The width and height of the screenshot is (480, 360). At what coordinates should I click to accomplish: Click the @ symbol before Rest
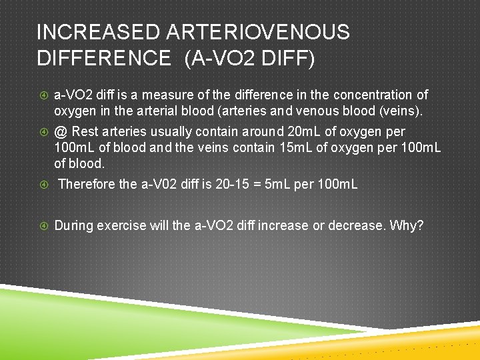click(60, 132)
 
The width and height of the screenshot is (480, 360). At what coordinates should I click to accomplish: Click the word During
click(74, 225)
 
